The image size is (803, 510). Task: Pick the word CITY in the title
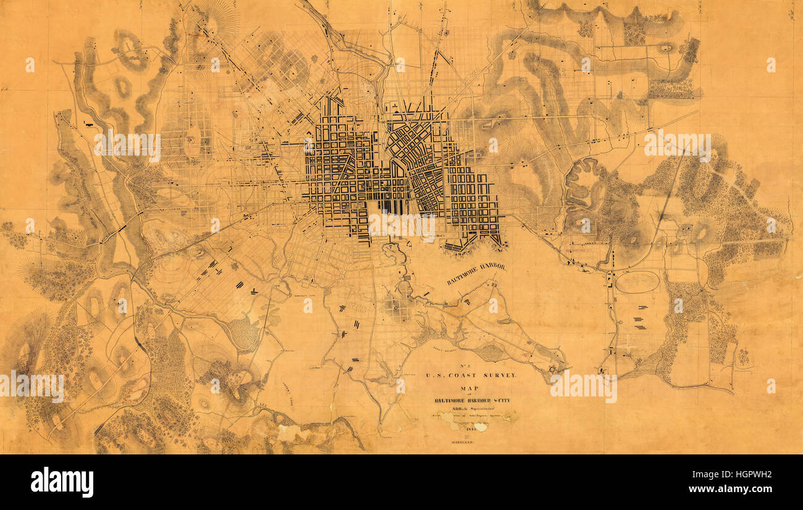pos(502,400)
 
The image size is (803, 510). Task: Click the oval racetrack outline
pos(637,282)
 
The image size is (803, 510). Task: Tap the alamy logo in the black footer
pos(62,482)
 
